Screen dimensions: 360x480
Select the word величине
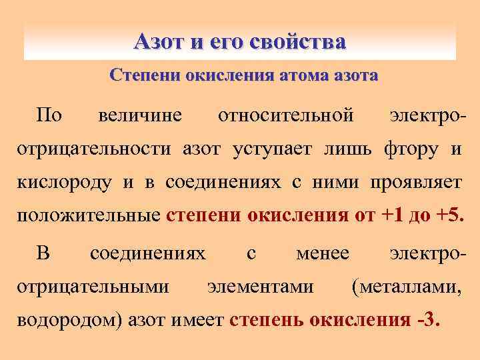click(x=139, y=115)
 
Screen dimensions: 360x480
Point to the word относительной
click(x=285, y=115)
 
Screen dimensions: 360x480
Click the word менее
click(x=322, y=253)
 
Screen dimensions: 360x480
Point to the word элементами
click(x=261, y=287)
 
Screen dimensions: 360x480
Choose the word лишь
click(x=346, y=148)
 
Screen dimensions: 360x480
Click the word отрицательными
click(x=92, y=287)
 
